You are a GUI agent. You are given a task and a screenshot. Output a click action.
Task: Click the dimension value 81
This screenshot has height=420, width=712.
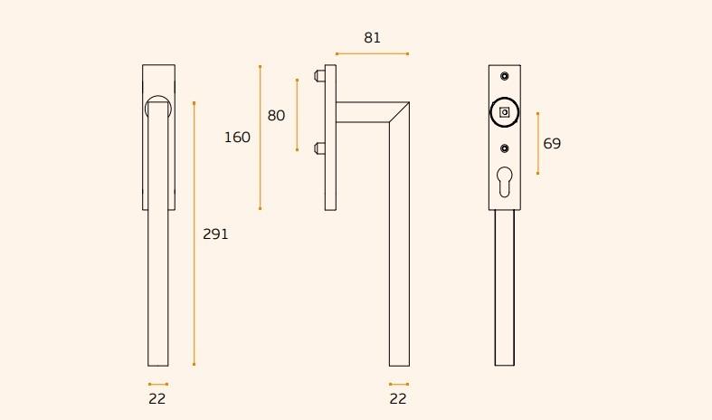point(372,38)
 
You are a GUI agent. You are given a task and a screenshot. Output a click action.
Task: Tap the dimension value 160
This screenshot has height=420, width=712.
point(237,138)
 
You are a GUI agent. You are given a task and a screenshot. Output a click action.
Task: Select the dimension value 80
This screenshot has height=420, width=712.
point(276,116)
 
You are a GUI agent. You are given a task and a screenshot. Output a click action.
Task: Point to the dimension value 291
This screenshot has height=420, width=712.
point(215,234)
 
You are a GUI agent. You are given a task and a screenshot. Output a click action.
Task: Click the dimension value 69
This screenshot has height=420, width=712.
point(552,144)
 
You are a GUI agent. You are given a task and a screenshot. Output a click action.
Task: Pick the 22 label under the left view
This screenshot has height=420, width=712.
point(157,398)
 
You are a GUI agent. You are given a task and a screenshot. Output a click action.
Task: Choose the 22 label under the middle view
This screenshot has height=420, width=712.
point(398,398)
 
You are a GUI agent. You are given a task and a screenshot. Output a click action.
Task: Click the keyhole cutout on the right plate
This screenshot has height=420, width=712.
point(505,182)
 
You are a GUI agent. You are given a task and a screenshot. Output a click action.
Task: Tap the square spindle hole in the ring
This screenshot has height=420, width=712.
point(505,112)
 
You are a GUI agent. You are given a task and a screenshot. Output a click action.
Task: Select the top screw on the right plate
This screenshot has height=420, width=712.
point(505,76)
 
